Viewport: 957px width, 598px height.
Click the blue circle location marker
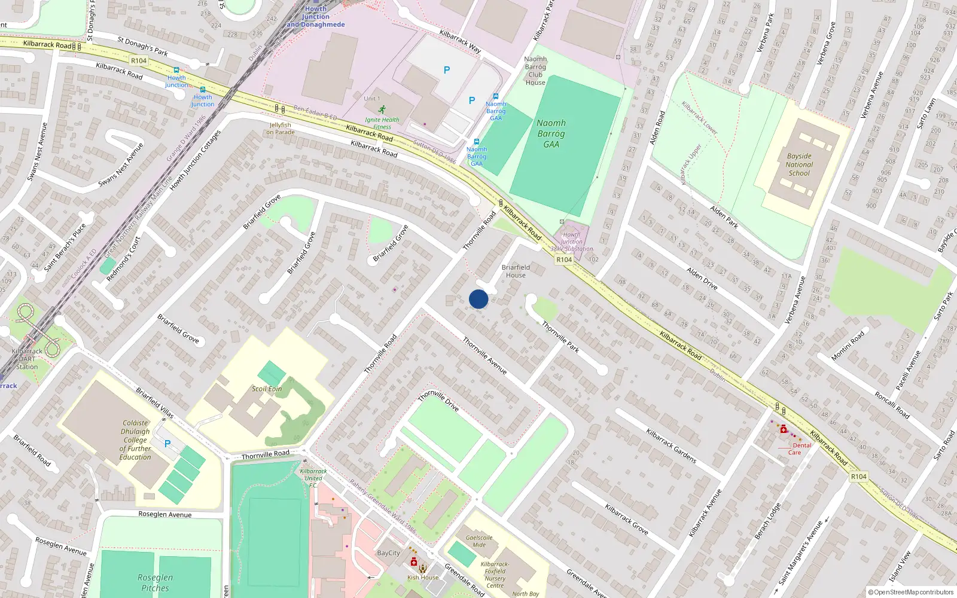coord(478,299)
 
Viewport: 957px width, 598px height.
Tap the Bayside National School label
coord(799,164)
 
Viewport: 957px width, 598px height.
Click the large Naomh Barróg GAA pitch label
coord(551,133)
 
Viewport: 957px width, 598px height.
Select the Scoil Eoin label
coord(267,389)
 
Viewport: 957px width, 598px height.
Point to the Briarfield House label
coord(516,271)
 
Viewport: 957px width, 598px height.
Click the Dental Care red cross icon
coord(784,429)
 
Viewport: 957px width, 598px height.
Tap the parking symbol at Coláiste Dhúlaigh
coord(167,444)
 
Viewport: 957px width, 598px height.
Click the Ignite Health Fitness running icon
coord(382,109)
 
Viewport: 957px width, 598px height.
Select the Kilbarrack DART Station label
coord(27,359)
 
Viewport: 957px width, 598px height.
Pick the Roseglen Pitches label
coord(155,582)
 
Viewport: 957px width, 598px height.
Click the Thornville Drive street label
coord(438,401)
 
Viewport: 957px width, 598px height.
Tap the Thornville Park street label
coord(560,336)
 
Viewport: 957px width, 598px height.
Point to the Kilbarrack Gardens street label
coord(671,446)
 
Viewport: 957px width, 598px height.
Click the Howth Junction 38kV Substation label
coord(572,242)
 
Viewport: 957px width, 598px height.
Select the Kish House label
coord(423,577)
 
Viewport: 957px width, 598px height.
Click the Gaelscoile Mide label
coord(479,541)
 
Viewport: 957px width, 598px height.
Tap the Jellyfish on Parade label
coord(280,129)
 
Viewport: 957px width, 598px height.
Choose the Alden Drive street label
coord(702,278)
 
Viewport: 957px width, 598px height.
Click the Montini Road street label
coord(848,346)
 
